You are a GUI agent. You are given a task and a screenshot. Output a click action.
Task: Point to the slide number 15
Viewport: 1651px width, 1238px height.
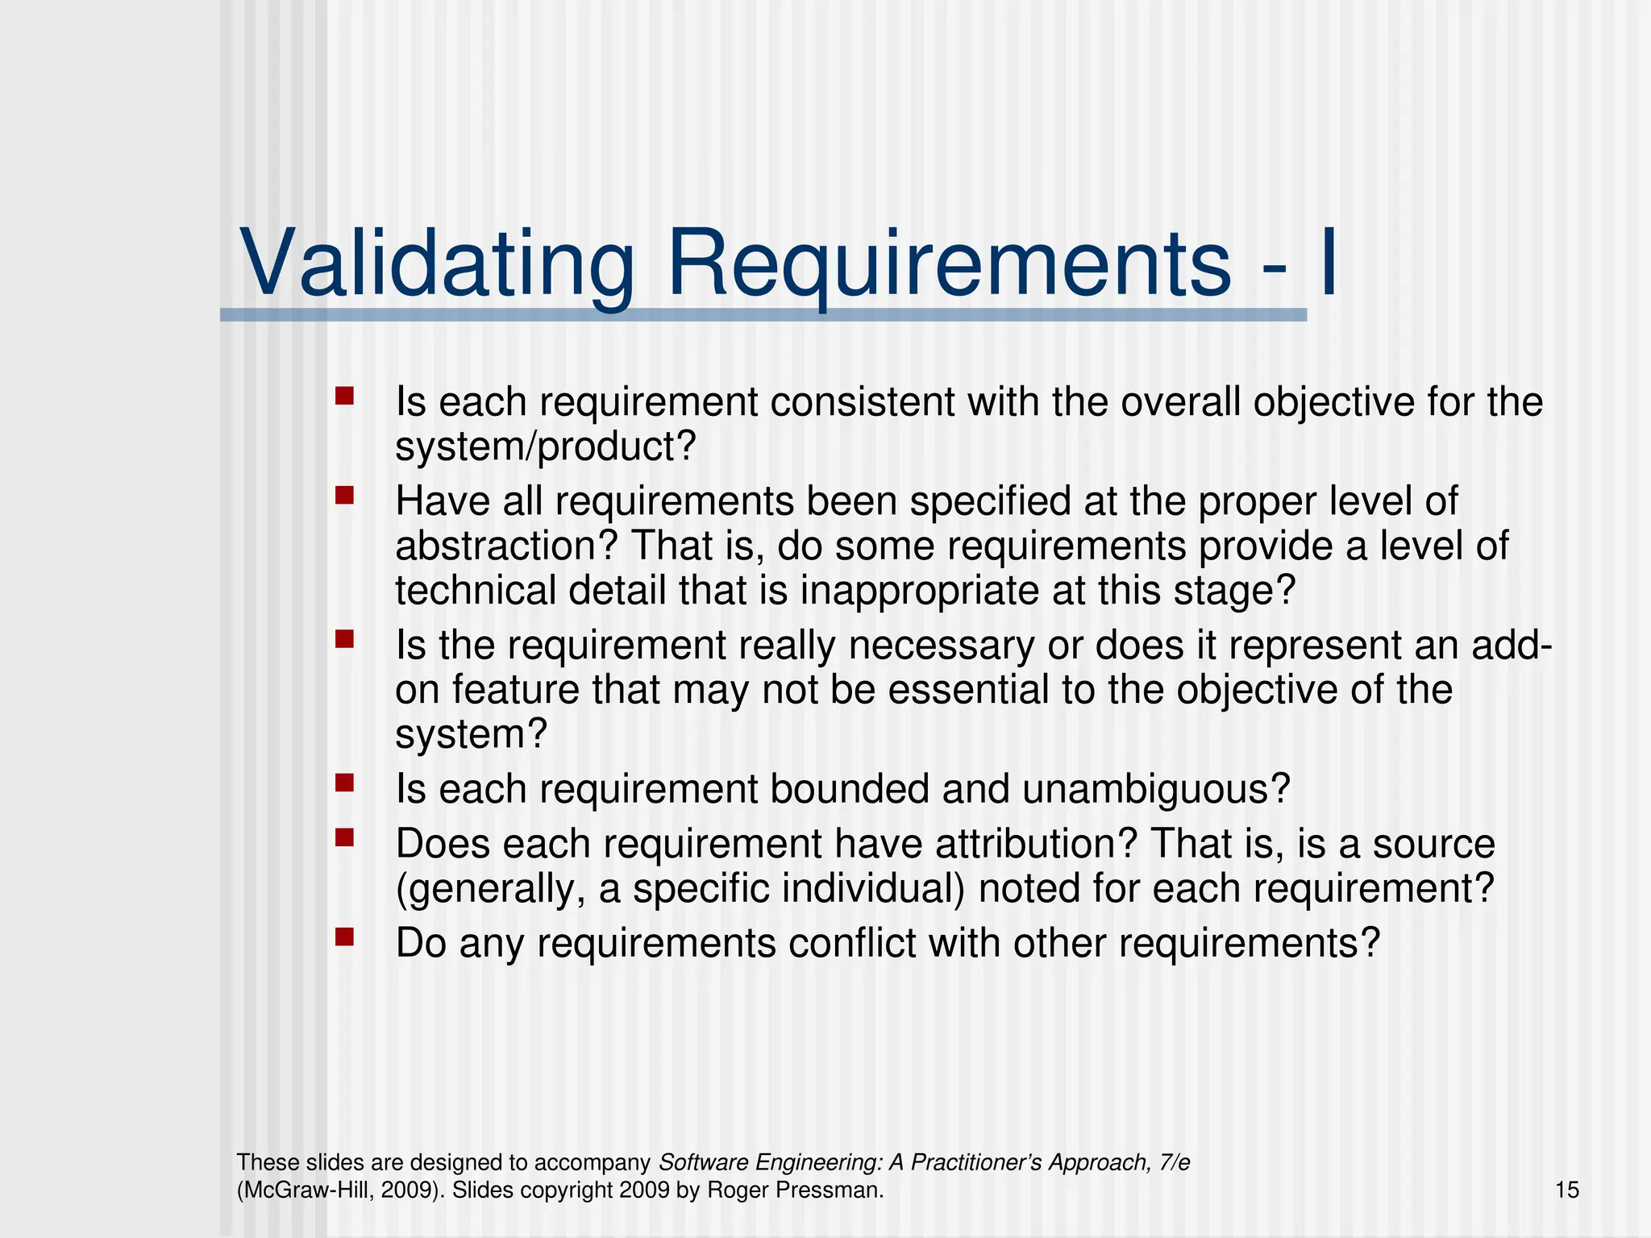click(1566, 1190)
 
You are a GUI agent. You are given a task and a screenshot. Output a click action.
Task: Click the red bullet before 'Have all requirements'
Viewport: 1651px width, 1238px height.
click(345, 495)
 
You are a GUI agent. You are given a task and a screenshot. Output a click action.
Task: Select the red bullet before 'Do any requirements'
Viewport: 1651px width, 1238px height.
click(345, 937)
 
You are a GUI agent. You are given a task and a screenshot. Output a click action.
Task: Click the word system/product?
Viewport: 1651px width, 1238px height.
click(545, 447)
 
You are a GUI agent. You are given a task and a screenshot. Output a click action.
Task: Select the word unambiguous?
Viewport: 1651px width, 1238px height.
click(1157, 789)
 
